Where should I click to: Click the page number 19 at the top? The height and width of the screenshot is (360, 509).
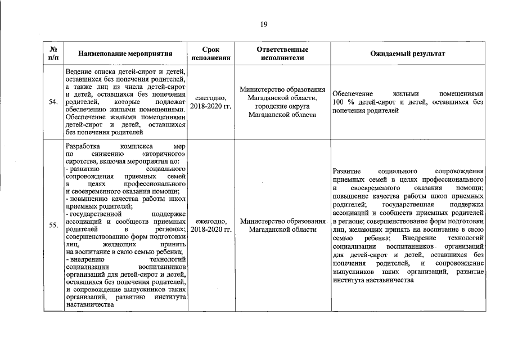pos(263,24)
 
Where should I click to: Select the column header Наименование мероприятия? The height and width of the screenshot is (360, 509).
pos(125,54)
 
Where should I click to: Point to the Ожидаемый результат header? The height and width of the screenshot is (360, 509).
pos(407,54)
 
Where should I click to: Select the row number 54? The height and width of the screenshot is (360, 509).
pos(53,102)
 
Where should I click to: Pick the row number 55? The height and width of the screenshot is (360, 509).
pos(53,226)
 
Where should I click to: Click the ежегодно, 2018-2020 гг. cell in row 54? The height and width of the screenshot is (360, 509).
pos(211,102)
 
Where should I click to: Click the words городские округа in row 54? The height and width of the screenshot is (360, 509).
pos(282,106)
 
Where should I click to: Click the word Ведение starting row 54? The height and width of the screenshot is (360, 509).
pos(79,73)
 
